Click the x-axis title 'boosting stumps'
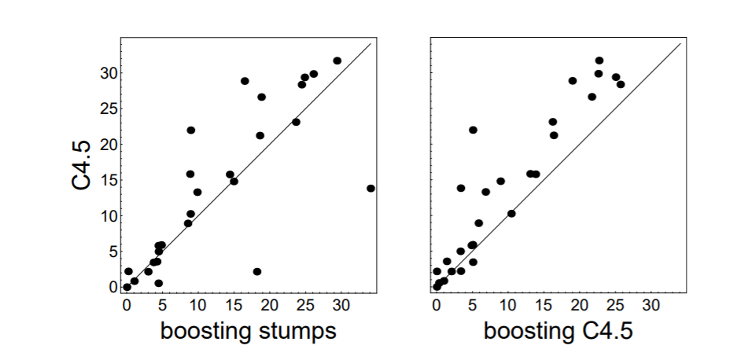[249, 331]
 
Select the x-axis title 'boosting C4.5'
[558, 331]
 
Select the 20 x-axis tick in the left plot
[269, 304]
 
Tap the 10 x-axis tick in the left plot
[197, 304]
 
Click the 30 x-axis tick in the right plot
[650, 304]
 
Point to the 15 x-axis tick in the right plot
[544, 304]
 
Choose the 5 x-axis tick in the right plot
[472, 304]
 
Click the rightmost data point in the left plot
[370, 188]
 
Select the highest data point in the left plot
[337, 61]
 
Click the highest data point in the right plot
[599, 61]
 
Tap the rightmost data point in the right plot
[621, 84]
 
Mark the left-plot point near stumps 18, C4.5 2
[257, 271]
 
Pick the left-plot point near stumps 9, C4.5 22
[191, 130]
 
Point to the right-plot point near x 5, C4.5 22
[473, 130]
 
